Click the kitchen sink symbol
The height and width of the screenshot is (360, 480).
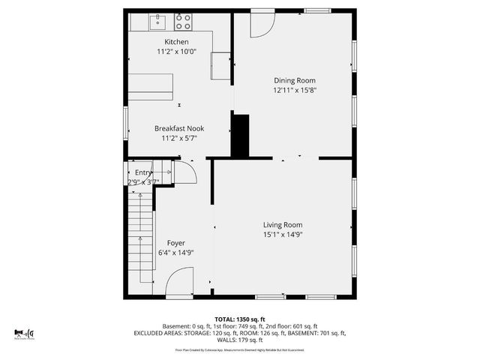coord(158,20)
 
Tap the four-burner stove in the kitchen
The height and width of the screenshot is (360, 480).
coord(184,21)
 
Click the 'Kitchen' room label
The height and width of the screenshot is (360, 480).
coord(177,42)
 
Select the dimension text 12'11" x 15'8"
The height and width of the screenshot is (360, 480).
coord(294,90)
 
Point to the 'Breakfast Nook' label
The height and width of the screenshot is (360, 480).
coord(179,128)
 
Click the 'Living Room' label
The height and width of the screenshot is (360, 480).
coord(283,224)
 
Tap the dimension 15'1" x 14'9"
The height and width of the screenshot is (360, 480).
coord(283,234)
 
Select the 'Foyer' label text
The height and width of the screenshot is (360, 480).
coord(175,243)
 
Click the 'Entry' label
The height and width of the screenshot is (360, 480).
coord(142,172)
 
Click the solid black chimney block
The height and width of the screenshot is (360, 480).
coord(240,135)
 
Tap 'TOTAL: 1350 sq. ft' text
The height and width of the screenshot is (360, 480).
coord(240,319)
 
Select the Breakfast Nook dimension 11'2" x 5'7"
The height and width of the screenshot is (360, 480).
coord(179,138)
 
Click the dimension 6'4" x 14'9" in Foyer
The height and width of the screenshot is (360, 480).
coord(175,253)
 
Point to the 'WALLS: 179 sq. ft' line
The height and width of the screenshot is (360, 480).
coord(240,339)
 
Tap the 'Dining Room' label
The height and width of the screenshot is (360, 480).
coord(294,80)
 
